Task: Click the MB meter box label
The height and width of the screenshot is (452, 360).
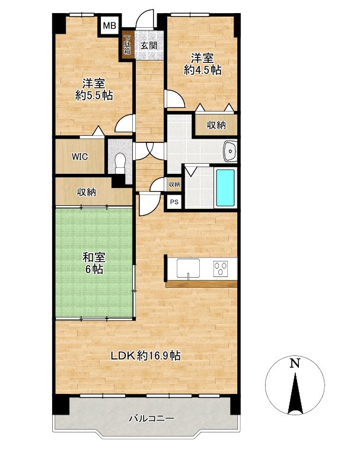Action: pyautogui.click(x=110, y=26)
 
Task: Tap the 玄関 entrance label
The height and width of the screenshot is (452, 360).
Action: pyautogui.click(x=149, y=45)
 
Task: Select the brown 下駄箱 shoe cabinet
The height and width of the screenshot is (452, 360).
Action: pyautogui.click(x=128, y=44)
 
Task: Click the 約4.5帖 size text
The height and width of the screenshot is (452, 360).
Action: pyautogui.click(x=203, y=70)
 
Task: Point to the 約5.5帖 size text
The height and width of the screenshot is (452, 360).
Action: pyautogui.click(x=94, y=95)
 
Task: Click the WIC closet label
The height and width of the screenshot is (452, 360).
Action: pyautogui.click(x=80, y=157)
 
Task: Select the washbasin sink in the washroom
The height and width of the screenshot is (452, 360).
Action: pyautogui.click(x=230, y=151)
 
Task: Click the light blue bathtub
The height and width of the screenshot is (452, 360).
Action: pyautogui.click(x=225, y=187)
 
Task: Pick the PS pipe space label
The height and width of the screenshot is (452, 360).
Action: pyautogui.click(x=174, y=202)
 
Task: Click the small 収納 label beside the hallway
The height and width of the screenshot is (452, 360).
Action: pyautogui.click(x=174, y=184)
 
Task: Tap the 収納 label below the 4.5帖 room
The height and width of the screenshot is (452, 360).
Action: pyautogui.click(x=216, y=125)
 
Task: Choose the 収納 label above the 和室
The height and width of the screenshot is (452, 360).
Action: pyautogui.click(x=86, y=192)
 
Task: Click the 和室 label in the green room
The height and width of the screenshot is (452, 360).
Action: pyautogui.click(x=94, y=257)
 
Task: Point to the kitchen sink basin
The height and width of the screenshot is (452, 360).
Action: pyautogui.click(x=188, y=268)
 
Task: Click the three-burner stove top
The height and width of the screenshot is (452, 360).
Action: pyautogui.click(x=221, y=269)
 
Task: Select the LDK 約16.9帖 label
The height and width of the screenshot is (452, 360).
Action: pyautogui.click(x=146, y=355)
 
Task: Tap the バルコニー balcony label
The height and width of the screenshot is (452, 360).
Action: pyautogui.click(x=151, y=418)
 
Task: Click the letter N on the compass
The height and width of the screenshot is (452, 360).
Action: pyautogui.click(x=294, y=363)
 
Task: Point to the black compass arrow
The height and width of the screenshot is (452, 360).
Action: pyautogui.click(x=295, y=394)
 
